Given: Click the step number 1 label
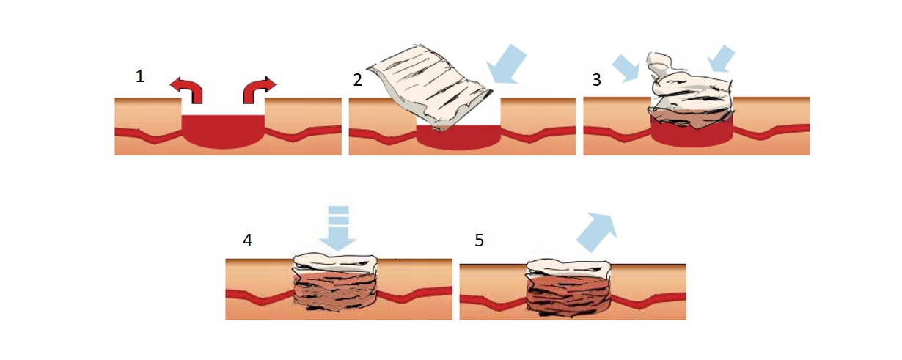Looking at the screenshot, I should (x=139, y=76).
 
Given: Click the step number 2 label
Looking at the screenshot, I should (x=357, y=79).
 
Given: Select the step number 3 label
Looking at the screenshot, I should (x=596, y=79).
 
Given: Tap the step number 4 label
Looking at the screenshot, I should (x=248, y=240).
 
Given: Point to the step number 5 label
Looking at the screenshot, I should (x=479, y=240).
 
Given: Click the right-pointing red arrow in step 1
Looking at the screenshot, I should (x=259, y=89).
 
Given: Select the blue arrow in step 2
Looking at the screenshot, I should (x=507, y=64).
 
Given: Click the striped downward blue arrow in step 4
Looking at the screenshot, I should (x=338, y=229).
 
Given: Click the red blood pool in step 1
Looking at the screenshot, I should (x=222, y=132).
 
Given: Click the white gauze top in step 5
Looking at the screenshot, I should (x=569, y=268).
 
